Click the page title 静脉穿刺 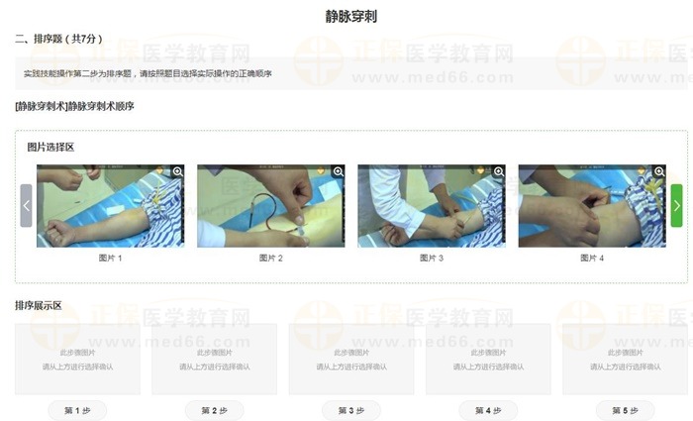[350, 17]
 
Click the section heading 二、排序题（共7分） [58, 40]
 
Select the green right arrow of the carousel [676, 205]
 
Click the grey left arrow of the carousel [27, 205]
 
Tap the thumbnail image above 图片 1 [110, 206]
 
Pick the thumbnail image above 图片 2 [270, 206]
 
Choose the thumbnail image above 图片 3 [431, 206]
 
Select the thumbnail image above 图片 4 [591, 206]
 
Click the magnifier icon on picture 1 [178, 171]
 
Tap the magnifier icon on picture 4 [659, 171]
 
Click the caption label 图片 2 [270, 258]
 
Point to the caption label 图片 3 [431, 258]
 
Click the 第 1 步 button [77, 410]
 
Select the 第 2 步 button [214, 410]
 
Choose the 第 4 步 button [488, 410]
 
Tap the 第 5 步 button [625, 410]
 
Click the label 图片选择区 [50, 147]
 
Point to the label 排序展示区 [39, 306]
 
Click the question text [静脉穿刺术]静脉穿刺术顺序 [75, 106]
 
